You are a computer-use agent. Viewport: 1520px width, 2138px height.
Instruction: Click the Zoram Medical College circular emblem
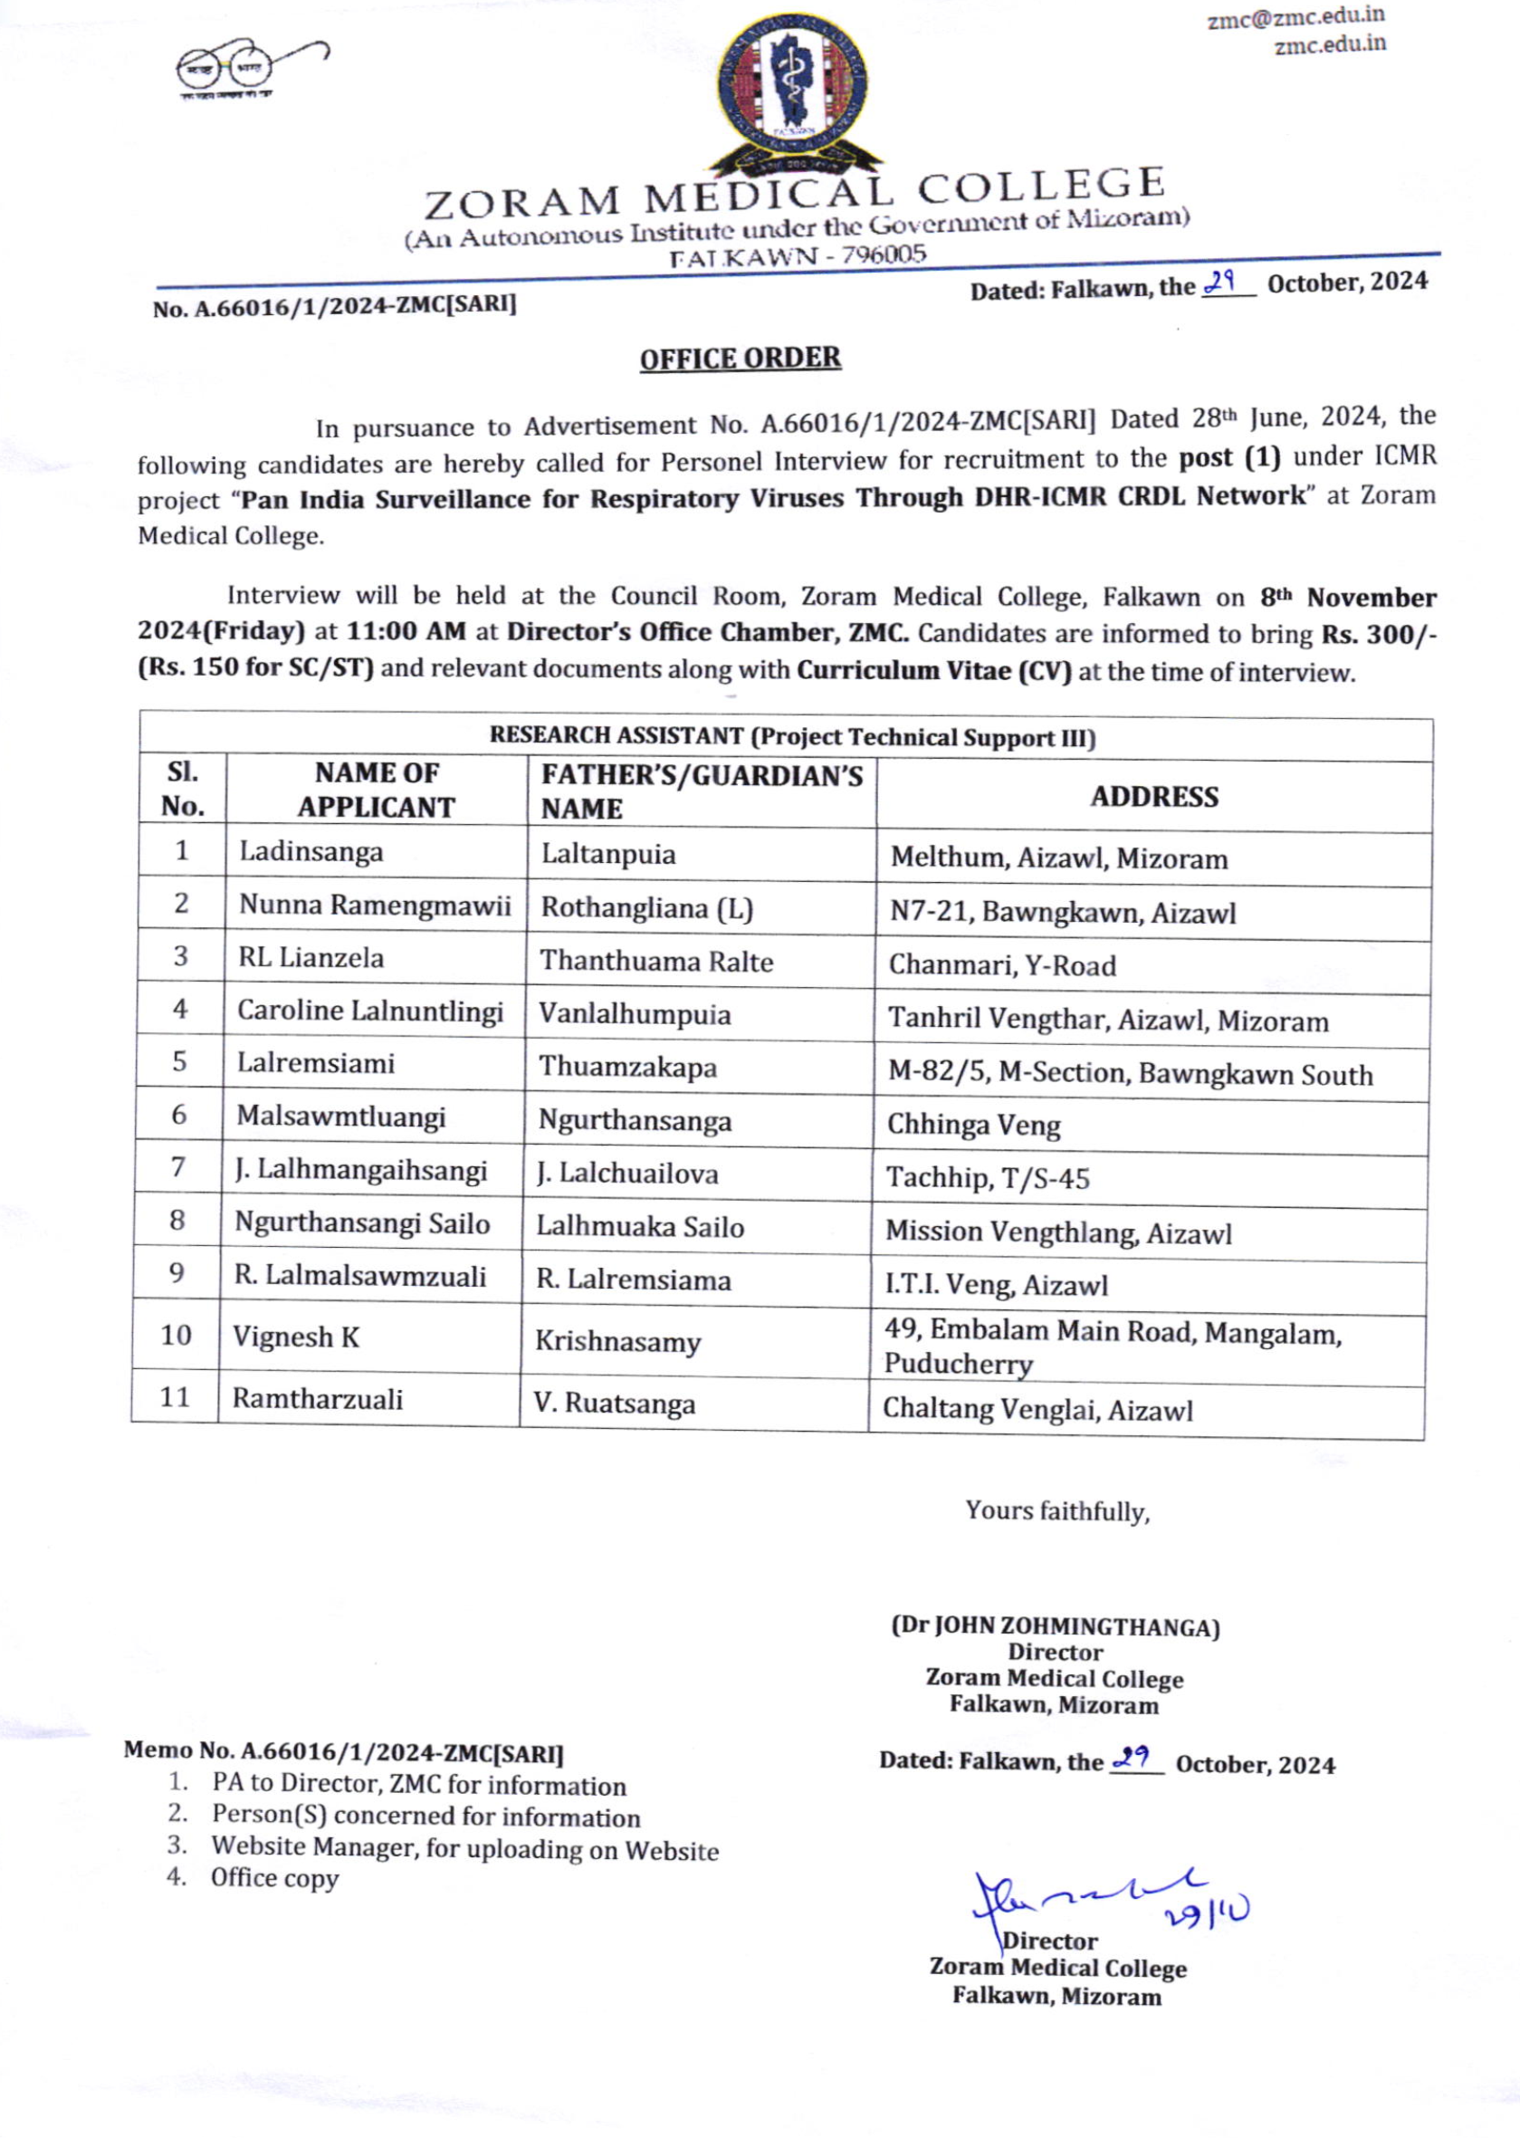click(x=792, y=92)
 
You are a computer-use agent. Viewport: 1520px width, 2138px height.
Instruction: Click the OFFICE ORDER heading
click(x=740, y=359)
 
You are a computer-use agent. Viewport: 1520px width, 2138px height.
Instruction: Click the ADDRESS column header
click(x=1154, y=797)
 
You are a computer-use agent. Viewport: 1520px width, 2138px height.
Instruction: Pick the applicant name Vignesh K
click(x=296, y=1337)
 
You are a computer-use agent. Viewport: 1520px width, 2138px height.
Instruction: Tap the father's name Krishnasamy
click(x=617, y=1341)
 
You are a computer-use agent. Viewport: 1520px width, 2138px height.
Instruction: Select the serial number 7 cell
click(x=177, y=1167)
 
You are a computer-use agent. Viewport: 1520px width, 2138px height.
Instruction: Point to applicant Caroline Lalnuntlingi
click(x=369, y=1011)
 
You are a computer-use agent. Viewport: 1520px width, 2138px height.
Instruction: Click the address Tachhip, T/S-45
click(x=988, y=1177)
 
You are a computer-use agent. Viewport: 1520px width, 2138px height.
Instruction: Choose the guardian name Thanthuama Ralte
click(x=656, y=962)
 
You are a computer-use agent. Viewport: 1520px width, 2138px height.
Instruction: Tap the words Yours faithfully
click(x=1057, y=1511)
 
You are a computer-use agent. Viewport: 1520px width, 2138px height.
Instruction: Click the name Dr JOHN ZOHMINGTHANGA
click(x=1055, y=1626)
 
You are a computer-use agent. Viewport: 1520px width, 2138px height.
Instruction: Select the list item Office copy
click(x=274, y=1878)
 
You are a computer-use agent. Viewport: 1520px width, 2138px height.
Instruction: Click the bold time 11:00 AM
click(x=406, y=631)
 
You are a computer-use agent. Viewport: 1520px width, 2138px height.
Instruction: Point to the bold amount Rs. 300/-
click(x=1379, y=635)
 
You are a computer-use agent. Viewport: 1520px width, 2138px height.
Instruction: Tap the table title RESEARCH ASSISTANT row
click(x=792, y=737)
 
